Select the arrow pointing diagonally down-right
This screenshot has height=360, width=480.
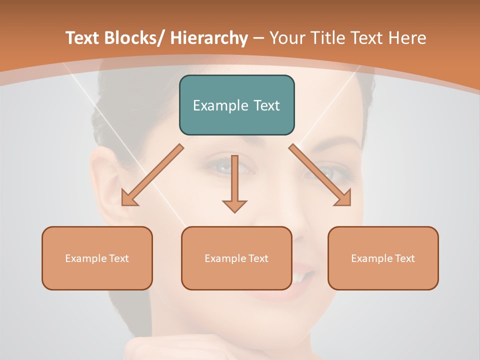pos(320,175)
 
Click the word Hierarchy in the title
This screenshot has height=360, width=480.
pos(209,38)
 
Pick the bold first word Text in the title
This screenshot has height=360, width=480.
pos(82,38)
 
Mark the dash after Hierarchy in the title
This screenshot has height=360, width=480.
pos(258,39)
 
